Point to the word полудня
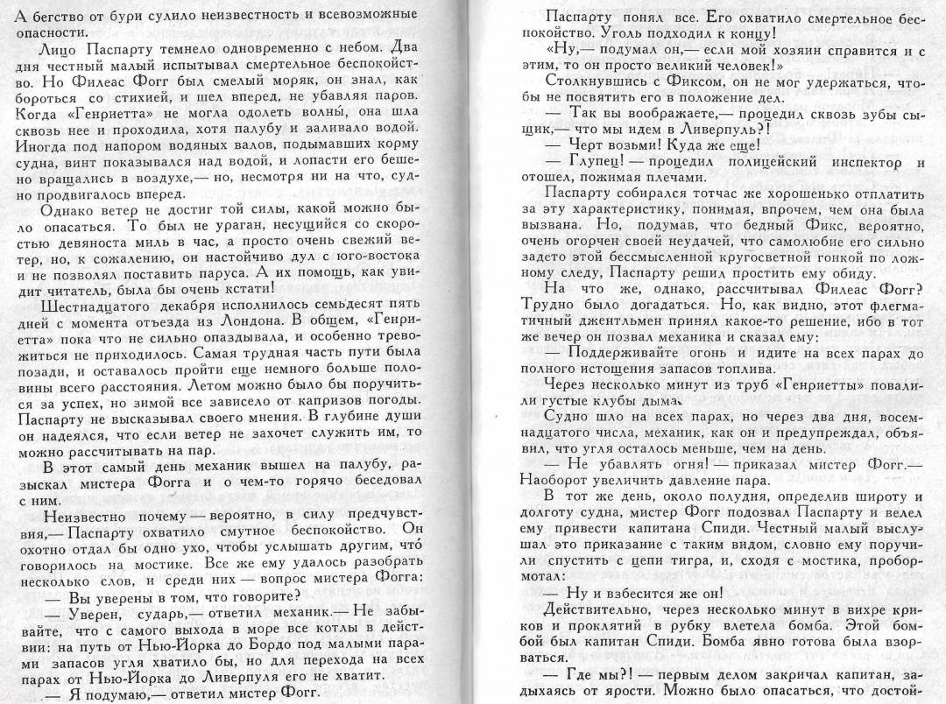[722, 496]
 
